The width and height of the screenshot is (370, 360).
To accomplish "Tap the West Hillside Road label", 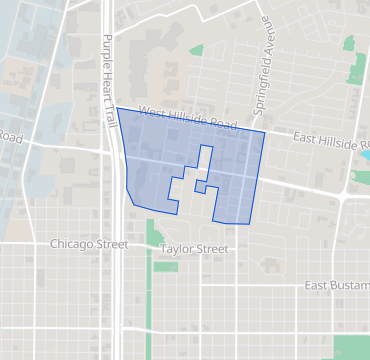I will (188, 117).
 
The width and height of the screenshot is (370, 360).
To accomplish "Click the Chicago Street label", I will (89, 244).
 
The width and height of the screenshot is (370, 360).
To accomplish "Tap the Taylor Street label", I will (192, 249).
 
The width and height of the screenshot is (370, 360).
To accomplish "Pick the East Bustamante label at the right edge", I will (337, 286).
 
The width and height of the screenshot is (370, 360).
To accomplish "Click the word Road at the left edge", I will (10, 137).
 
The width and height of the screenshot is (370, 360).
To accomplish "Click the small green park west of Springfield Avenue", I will (196, 49).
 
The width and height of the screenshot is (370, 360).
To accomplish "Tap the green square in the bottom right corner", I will (351, 347).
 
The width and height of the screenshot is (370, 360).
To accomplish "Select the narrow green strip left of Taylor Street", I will (152, 235).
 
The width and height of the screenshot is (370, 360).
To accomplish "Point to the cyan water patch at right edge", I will (365, 154).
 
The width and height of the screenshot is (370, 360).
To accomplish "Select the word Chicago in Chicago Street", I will (74, 244).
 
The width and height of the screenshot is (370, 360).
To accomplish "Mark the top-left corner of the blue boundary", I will (117, 107).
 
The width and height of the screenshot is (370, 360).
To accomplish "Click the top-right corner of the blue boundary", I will (265, 131).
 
